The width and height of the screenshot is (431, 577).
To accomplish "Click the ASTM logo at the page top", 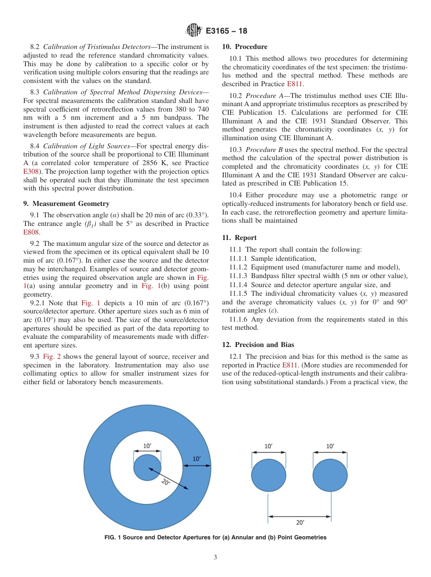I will coord(194,31).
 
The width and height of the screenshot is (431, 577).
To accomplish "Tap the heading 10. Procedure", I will coord(245,47).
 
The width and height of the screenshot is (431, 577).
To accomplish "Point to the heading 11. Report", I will coord(239,238).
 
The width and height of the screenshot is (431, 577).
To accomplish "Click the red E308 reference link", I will coord(30,172).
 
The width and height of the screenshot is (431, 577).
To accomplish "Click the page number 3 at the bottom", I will coord(215,557).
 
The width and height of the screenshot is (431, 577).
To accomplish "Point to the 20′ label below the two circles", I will coord(300,523).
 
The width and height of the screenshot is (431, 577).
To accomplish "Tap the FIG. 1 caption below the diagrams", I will coord(215,538).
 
